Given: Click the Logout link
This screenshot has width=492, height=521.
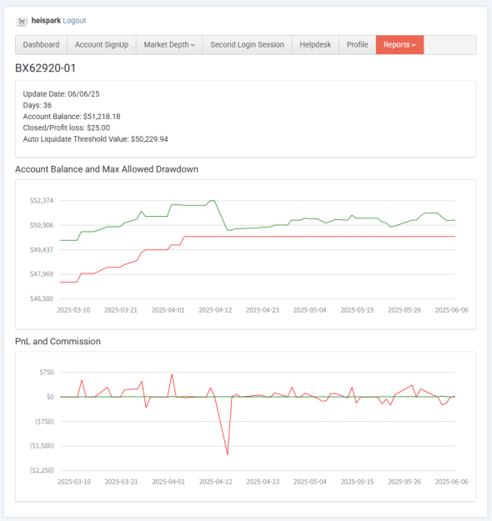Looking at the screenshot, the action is (74, 21).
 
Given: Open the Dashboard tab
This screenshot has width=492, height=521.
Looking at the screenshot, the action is (41, 45).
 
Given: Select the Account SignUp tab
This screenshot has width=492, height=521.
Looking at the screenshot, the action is (102, 45).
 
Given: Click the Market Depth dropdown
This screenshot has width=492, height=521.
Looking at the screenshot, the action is (169, 45).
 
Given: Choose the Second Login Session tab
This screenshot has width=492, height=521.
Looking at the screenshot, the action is (248, 45).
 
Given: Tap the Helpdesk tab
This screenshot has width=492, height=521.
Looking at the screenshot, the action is (315, 45).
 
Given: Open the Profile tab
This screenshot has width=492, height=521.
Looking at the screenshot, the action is (358, 45).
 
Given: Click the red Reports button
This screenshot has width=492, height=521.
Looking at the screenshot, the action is (399, 45).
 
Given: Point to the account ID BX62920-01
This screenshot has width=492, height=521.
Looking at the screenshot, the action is (46, 68).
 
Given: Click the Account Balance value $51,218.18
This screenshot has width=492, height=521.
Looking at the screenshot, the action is (102, 117).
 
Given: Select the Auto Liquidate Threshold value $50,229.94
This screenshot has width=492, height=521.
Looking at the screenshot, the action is (149, 139).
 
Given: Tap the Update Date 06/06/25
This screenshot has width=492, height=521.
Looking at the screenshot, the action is (83, 94).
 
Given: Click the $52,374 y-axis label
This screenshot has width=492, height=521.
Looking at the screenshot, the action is (42, 200).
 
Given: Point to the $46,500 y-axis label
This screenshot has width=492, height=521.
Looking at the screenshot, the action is (42, 298).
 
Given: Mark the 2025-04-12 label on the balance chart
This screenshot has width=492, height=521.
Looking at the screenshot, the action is (215, 310).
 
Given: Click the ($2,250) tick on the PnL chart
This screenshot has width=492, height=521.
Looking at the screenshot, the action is (42, 470).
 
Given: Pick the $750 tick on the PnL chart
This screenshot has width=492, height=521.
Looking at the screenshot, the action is (47, 372).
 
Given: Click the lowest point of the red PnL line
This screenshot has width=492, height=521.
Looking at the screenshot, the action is (228, 454).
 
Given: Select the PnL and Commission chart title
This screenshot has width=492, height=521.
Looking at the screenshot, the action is (58, 341).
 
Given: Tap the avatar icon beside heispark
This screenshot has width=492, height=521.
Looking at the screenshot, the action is (22, 22).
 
